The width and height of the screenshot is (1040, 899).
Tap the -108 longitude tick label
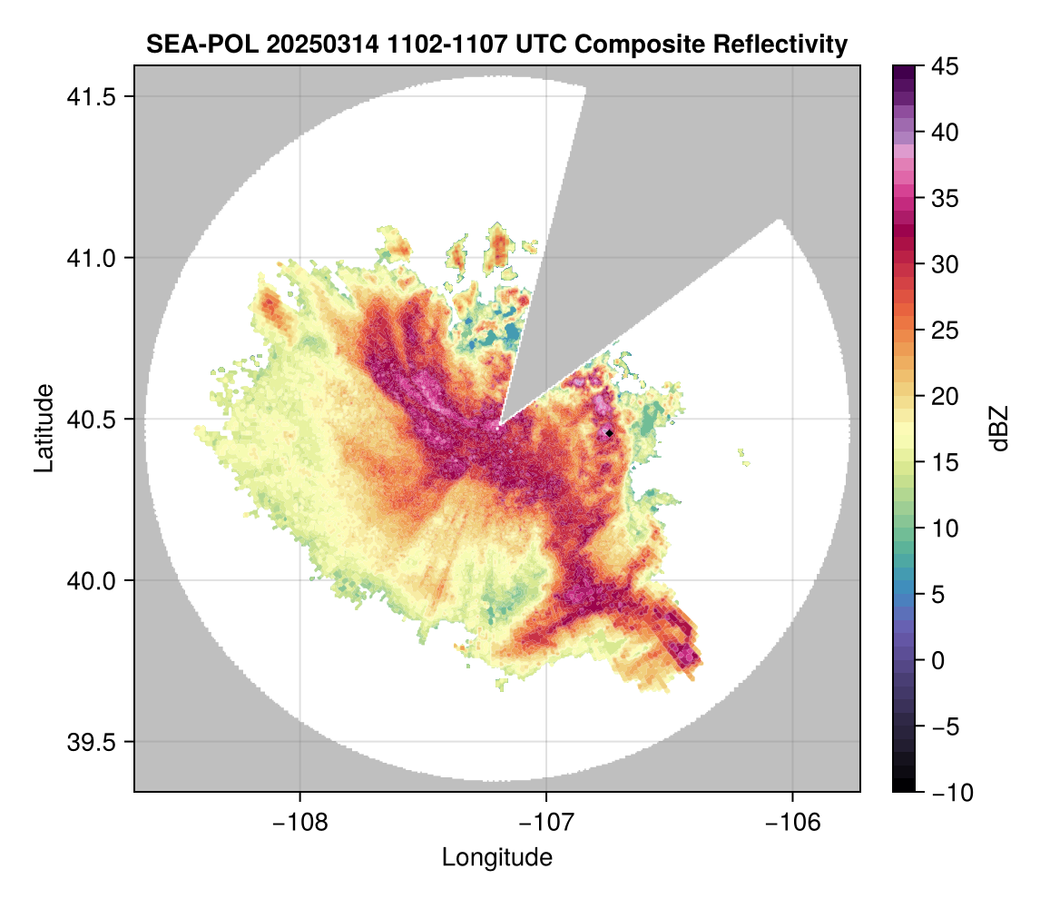click(x=299, y=823)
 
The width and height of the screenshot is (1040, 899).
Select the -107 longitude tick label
click(x=546, y=823)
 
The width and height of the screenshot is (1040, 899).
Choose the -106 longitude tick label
click(x=793, y=823)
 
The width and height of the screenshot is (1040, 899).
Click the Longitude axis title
click(x=496, y=857)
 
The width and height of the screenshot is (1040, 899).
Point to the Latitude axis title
click(x=44, y=428)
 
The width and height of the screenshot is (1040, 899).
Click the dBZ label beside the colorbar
click(x=999, y=428)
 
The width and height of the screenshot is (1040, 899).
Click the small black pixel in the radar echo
click(x=609, y=433)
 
